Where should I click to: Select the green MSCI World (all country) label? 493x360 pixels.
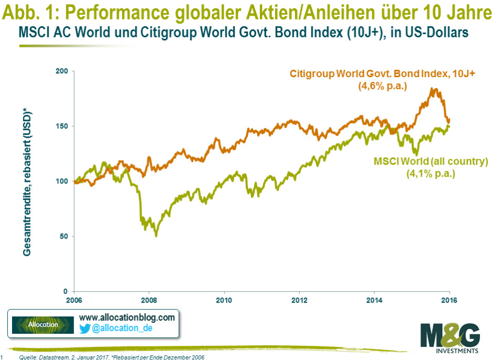pos(431,161)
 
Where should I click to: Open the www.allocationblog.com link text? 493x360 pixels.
pos(126,318)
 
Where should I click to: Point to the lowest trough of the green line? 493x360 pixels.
pos(156,235)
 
